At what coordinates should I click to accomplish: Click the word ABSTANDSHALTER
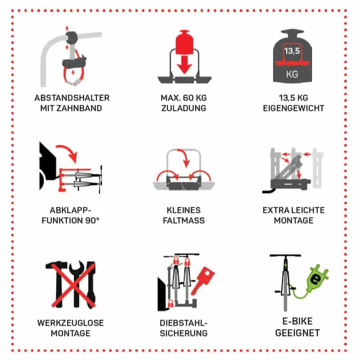[72, 98]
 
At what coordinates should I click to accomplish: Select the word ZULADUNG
[184, 108]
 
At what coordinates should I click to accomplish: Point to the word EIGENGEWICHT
[293, 108]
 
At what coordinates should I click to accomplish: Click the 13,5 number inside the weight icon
[292, 51]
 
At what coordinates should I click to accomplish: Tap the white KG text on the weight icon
[292, 74]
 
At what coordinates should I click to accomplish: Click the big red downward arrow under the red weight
[184, 65]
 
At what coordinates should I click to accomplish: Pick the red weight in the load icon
[184, 42]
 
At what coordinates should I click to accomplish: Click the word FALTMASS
[184, 220]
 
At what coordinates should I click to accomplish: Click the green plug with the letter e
[317, 278]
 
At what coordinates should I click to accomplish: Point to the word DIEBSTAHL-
[184, 323]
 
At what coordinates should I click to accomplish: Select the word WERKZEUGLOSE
[70, 323]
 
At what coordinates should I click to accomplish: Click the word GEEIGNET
[297, 333]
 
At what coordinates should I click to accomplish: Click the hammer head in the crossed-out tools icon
[56, 265]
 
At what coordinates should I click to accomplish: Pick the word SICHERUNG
[184, 333]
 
